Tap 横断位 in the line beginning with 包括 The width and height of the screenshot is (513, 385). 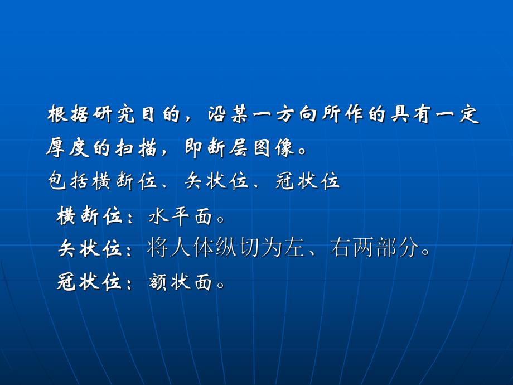[125, 181]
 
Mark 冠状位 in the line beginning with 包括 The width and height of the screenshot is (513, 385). [307, 181]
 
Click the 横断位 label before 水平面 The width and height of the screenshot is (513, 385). [89, 216]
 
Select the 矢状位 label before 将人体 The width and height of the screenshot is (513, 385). [89, 249]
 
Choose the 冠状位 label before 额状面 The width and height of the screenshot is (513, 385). [89, 282]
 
